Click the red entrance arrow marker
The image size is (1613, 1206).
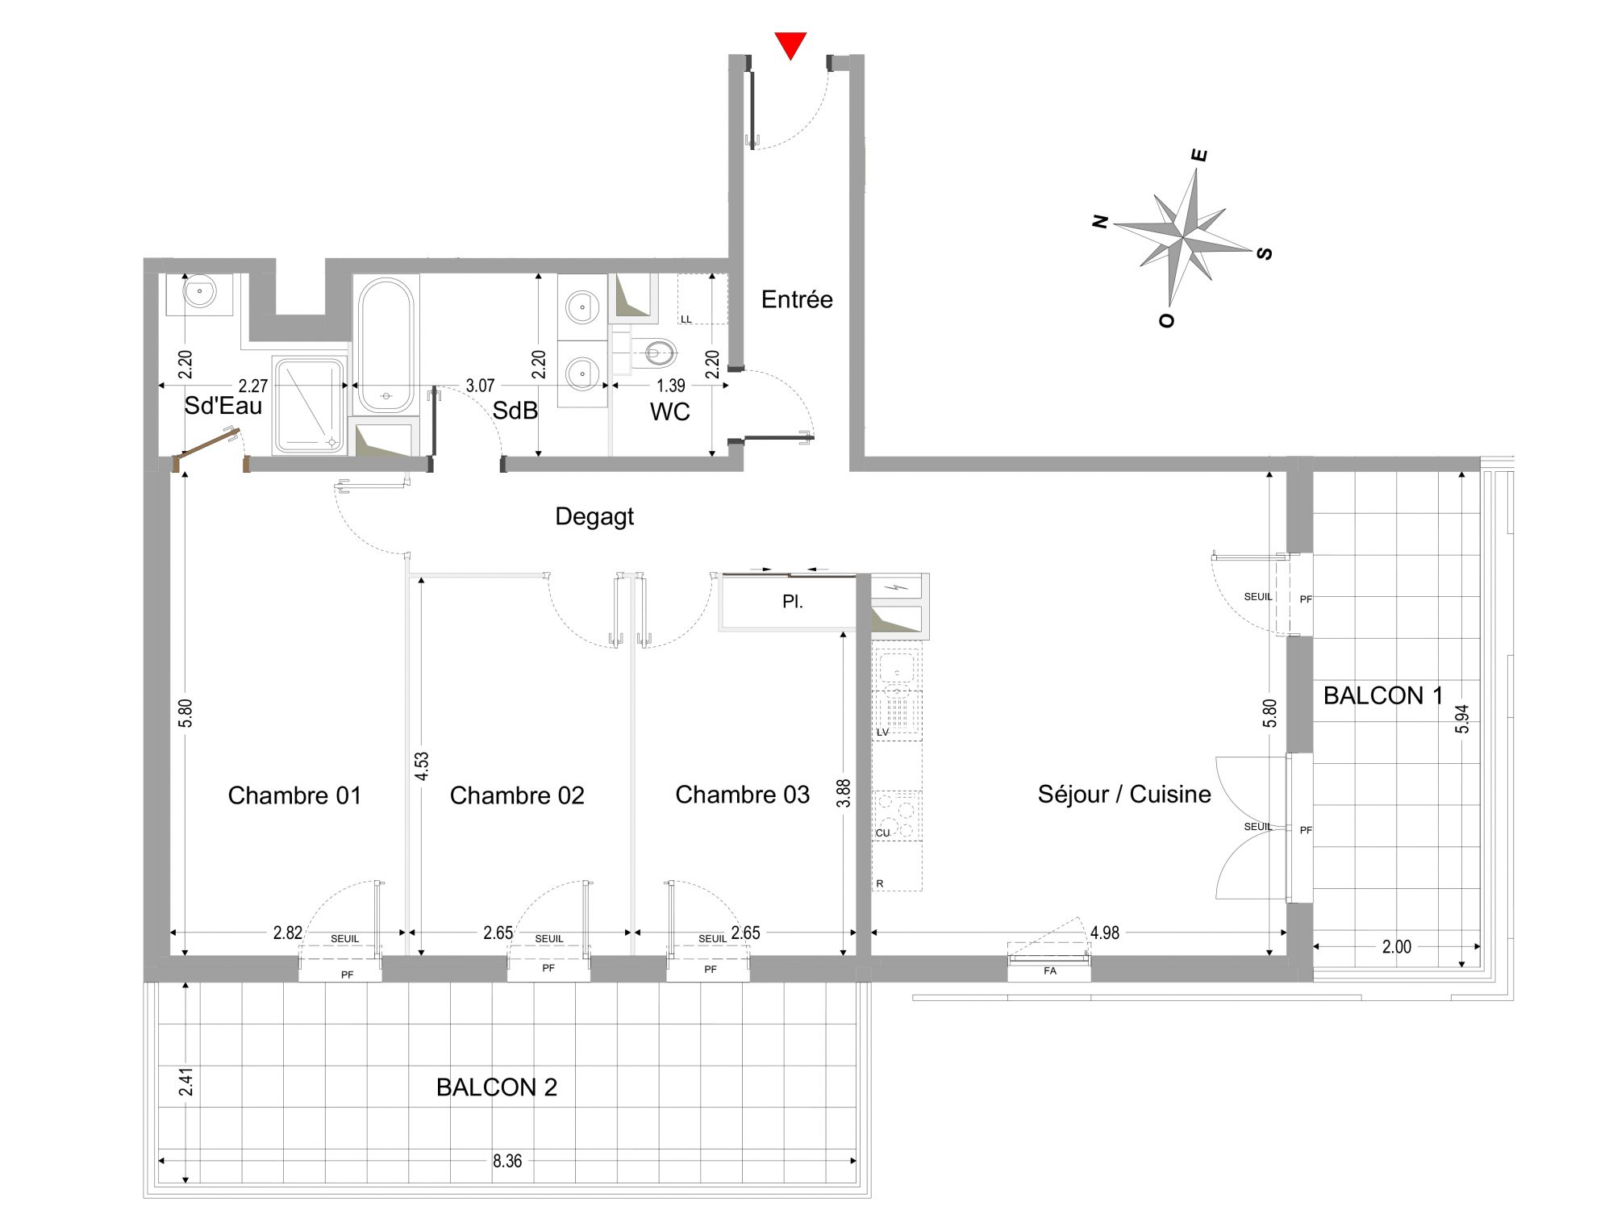[x=790, y=44]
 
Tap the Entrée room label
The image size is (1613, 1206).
[x=797, y=299]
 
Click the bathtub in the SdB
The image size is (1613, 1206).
[x=386, y=345]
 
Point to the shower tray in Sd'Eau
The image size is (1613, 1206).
[x=309, y=406]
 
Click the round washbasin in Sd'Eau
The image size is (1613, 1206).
[x=199, y=290]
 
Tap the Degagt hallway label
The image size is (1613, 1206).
[x=594, y=516]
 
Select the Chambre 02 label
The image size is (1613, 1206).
[x=517, y=795]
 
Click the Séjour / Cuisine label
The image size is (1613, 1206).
[x=1124, y=795]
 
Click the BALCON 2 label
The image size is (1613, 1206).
[x=497, y=1087]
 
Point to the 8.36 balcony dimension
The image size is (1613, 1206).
[x=507, y=1161]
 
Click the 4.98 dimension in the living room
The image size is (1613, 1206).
[x=1105, y=933]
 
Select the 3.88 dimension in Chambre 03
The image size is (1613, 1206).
[x=844, y=793]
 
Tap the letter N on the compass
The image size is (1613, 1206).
[x=1100, y=221]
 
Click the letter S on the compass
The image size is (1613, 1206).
[x=1265, y=253]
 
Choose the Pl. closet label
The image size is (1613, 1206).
[x=793, y=602]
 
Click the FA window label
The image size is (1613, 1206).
[x=1050, y=970]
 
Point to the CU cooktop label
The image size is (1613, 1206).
[x=883, y=833]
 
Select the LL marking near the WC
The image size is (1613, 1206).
[x=686, y=319]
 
